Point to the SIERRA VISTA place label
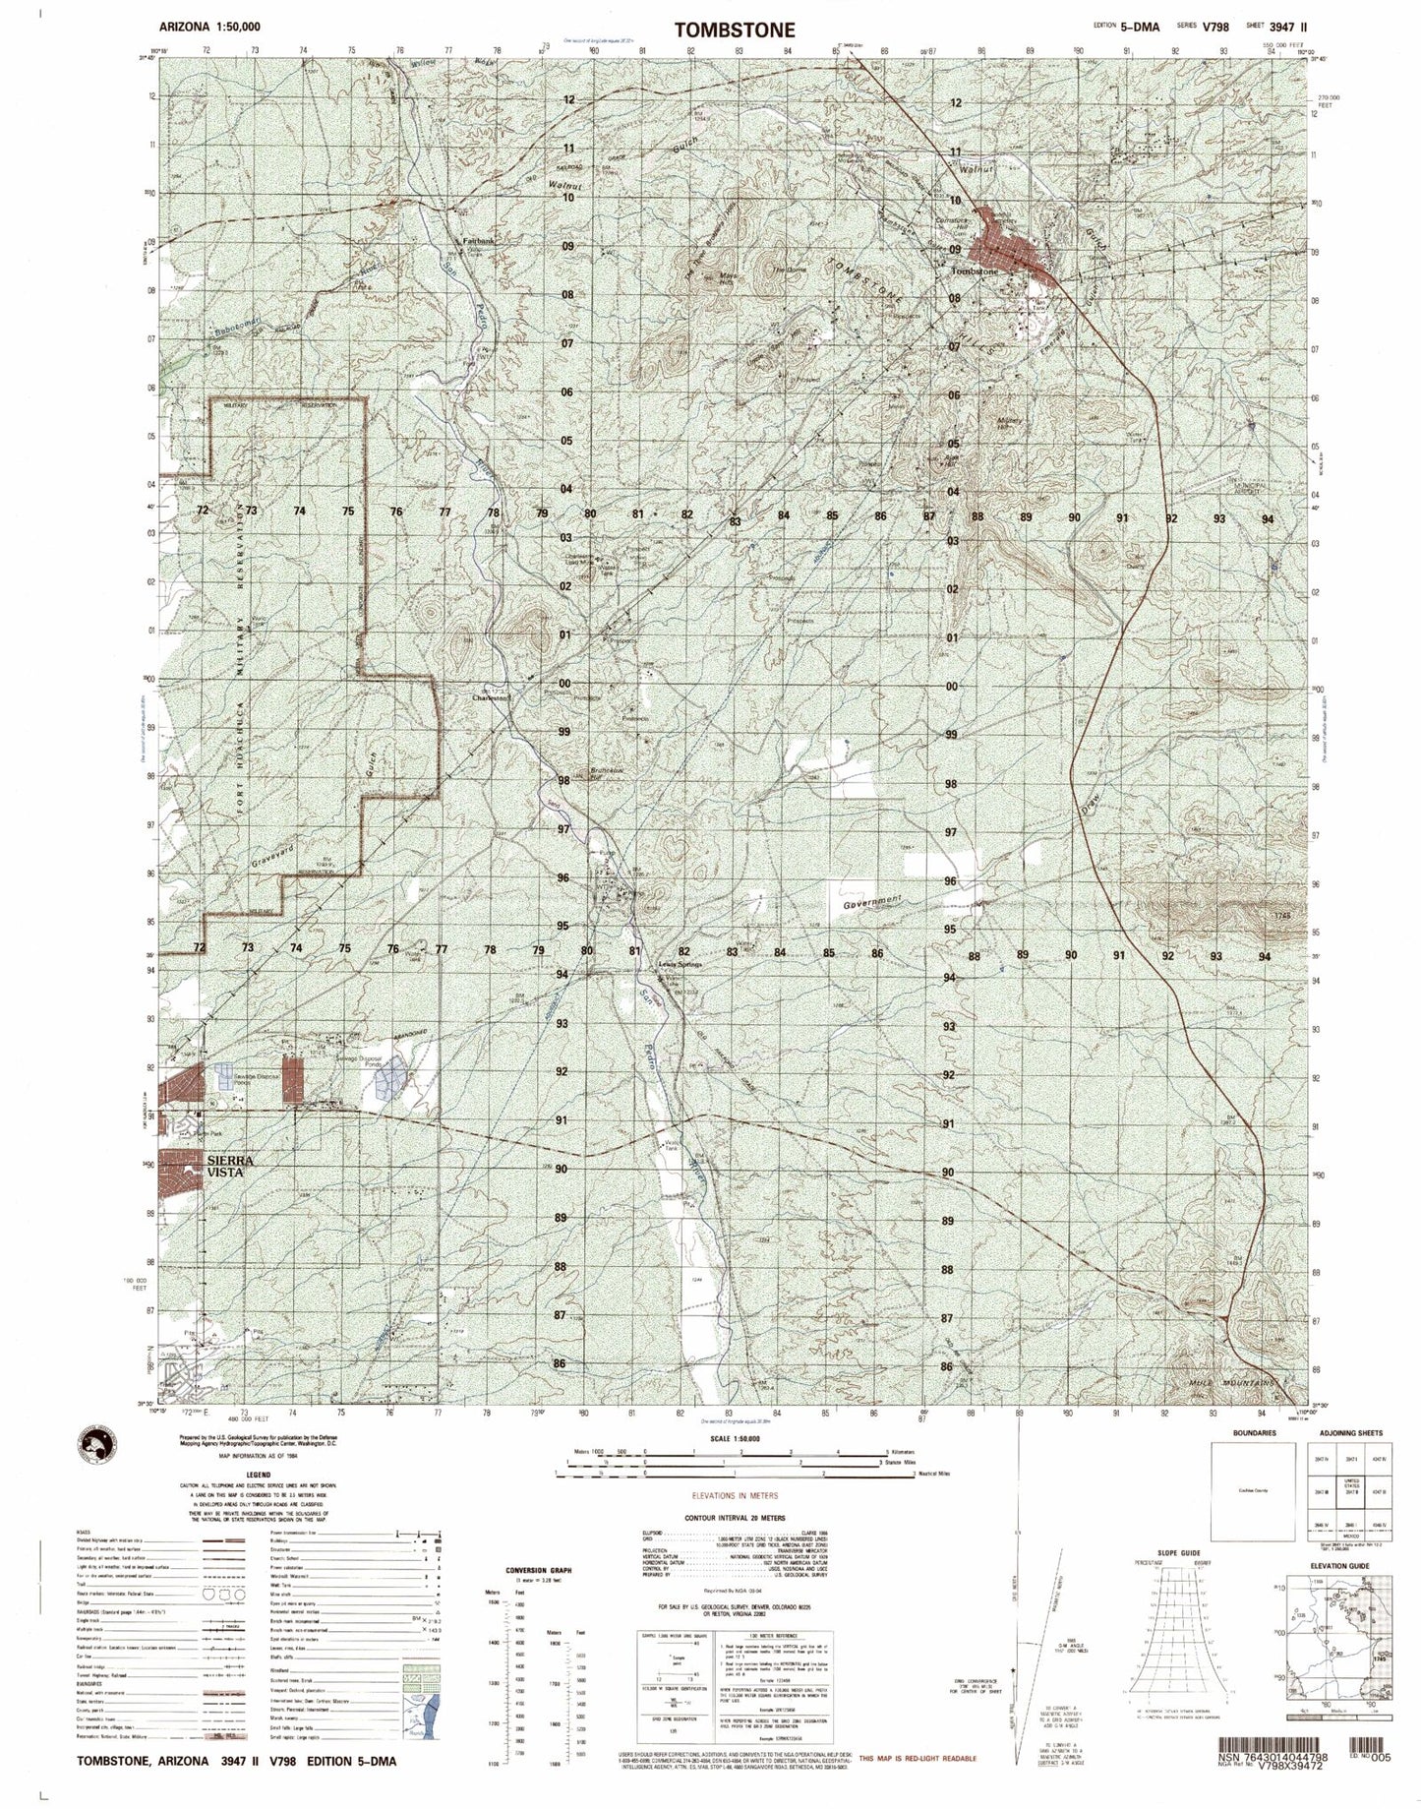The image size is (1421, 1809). click(231, 1167)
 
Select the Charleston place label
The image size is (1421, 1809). click(492, 697)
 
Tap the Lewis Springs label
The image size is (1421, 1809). click(681, 965)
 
